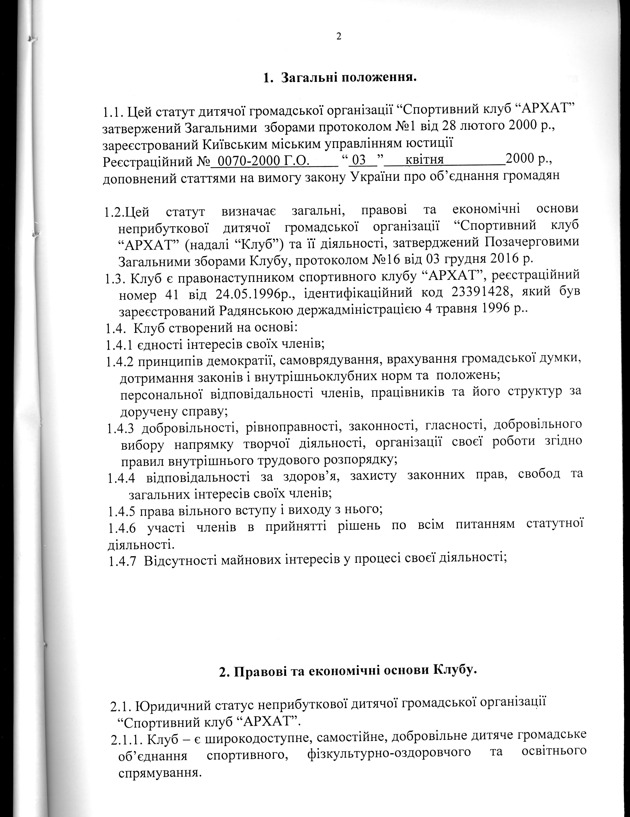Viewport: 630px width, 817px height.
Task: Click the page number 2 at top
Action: tap(339, 36)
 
